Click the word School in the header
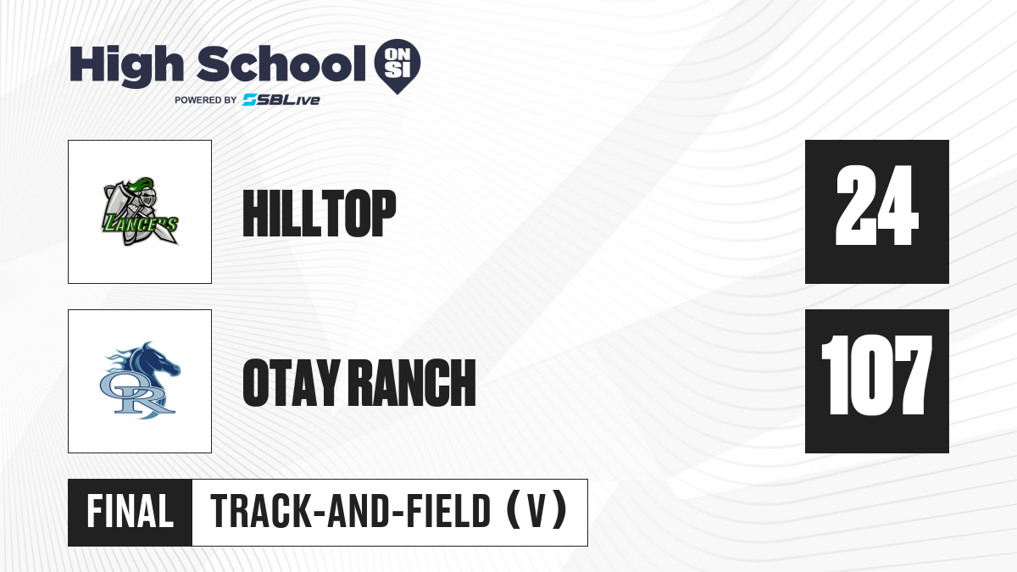click(281, 64)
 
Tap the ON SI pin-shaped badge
click(397, 66)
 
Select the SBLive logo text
click(281, 100)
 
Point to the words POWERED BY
click(206, 100)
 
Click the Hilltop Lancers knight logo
click(140, 212)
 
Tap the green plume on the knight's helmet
click(141, 185)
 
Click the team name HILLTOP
click(320, 213)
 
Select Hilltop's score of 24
click(876, 206)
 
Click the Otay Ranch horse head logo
click(140, 380)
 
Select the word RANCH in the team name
click(414, 382)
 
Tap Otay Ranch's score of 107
click(876, 375)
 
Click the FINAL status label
click(131, 512)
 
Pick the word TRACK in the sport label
click(260, 512)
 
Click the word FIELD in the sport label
click(448, 512)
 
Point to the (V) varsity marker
click(537, 511)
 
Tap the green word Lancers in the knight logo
click(140, 224)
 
